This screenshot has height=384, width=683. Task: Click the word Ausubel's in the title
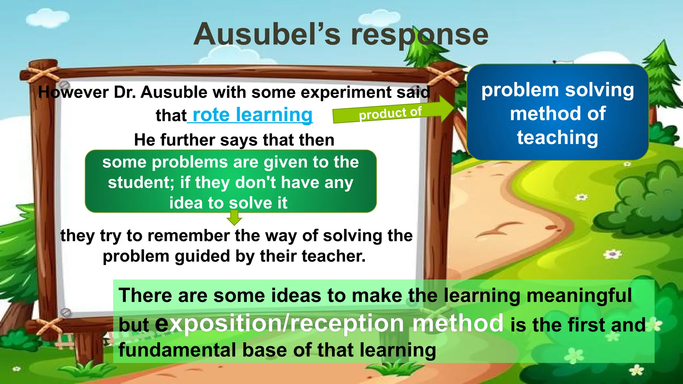pyautogui.click(x=267, y=35)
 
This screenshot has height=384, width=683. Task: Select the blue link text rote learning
pyautogui.click(x=252, y=115)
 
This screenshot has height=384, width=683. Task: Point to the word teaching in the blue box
pyautogui.click(x=557, y=138)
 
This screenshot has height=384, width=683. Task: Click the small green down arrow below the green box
pyautogui.click(x=234, y=218)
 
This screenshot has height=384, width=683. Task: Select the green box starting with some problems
pyautogui.click(x=230, y=182)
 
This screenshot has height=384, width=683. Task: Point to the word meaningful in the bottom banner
pyautogui.click(x=579, y=296)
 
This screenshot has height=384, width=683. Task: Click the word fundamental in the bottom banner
pyautogui.click(x=177, y=350)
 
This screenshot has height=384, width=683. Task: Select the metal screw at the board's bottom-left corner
pyautogui.click(x=65, y=312)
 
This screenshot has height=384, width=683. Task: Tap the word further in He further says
pyautogui.click(x=188, y=140)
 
